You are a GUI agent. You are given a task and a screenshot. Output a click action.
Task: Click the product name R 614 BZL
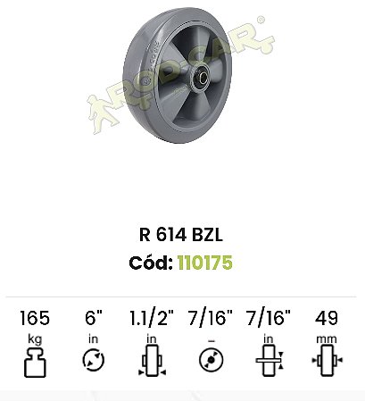(x=181, y=235)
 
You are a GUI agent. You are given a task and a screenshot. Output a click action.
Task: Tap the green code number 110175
(x=205, y=263)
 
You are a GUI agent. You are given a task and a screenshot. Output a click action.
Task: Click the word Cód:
(x=151, y=263)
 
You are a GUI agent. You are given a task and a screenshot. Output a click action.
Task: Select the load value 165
(x=35, y=318)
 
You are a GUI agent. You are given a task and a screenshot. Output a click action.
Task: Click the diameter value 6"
(x=94, y=317)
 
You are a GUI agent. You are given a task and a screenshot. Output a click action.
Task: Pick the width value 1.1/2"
(x=152, y=318)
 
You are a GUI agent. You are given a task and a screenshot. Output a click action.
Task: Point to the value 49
(x=327, y=318)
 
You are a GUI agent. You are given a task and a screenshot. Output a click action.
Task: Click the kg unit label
(x=35, y=339)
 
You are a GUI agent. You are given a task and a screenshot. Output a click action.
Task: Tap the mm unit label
(x=327, y=339)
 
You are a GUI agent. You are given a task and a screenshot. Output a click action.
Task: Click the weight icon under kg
(x=35, y=363)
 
